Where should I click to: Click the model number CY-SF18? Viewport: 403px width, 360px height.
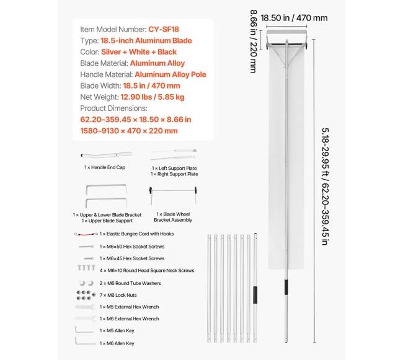point(164,29)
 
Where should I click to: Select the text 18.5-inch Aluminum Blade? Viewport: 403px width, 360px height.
point(146,40)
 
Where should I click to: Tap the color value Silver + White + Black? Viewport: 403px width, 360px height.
point(139,51)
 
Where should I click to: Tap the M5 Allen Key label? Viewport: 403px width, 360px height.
point(117,331)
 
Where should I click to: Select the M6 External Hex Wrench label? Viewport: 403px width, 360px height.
point(130,319)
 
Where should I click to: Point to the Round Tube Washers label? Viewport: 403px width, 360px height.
point(130,283)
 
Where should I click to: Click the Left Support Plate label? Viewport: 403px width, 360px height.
point(175,168)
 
